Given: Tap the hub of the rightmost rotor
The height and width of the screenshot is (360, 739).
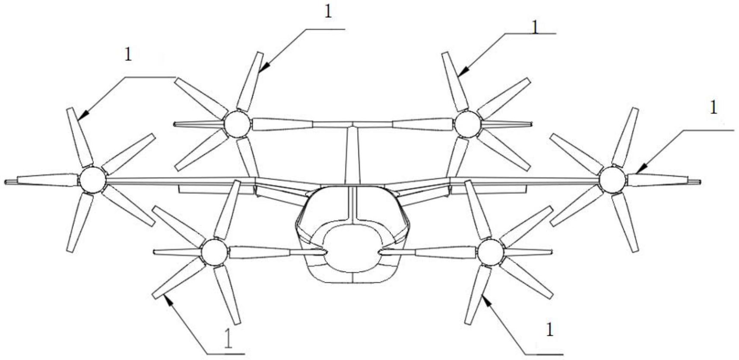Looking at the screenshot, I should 612,179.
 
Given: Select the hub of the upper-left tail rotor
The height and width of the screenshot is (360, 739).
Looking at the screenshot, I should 237,123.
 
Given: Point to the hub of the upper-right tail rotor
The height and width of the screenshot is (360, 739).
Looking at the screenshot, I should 467,123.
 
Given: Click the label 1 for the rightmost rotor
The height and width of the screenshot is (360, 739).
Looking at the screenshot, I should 714,107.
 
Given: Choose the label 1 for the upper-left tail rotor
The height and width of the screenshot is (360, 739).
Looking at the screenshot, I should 328,12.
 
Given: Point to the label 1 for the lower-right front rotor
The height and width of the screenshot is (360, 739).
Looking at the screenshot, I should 549,330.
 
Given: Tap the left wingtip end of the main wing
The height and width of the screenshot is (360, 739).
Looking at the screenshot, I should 6,182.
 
